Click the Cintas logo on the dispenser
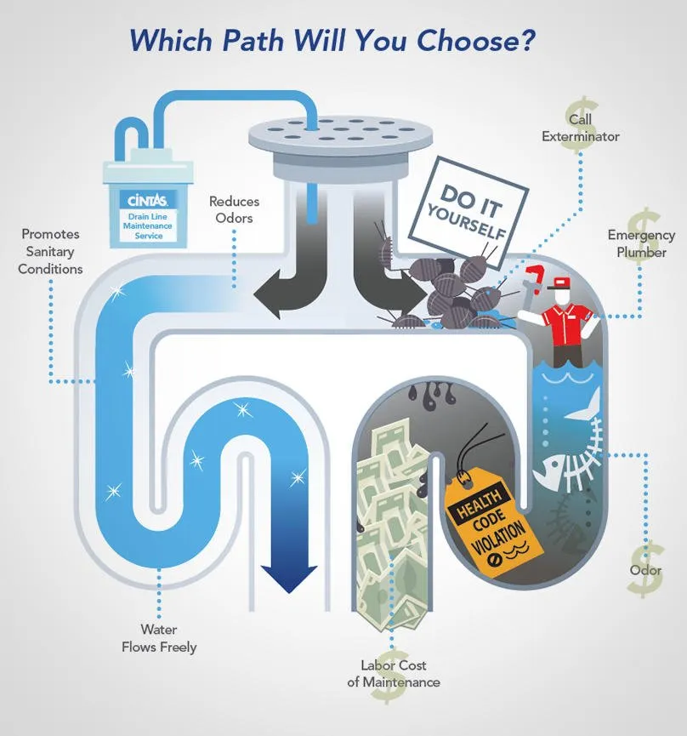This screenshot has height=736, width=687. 147,201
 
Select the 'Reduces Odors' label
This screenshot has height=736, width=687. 234,209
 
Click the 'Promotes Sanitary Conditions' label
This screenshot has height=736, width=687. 50,251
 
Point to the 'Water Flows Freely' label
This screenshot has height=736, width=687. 159,638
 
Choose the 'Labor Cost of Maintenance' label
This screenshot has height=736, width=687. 394,673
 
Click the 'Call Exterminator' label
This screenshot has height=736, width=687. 581,128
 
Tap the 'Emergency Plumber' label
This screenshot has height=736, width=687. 641,243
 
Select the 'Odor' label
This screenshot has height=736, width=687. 645,570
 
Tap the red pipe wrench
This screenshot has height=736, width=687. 533,281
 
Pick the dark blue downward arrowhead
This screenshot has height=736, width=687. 289,577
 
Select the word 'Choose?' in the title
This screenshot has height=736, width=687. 475,40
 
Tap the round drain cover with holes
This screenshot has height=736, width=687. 340,134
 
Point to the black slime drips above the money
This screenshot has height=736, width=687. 431,394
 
